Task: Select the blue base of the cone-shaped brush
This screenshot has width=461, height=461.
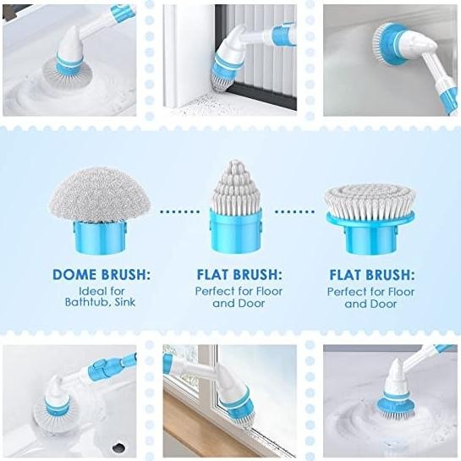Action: click(x=235, y=230)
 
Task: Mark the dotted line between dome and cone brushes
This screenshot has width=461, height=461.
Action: click(x=180, y=211)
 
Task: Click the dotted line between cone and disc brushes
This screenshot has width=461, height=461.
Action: click(x=294, y=211)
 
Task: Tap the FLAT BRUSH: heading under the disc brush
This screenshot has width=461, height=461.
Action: click(x=371, y=275)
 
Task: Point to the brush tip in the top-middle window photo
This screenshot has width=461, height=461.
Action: click(x=221, y=81)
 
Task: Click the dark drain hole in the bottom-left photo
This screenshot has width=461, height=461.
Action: click(x=118, y=447)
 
